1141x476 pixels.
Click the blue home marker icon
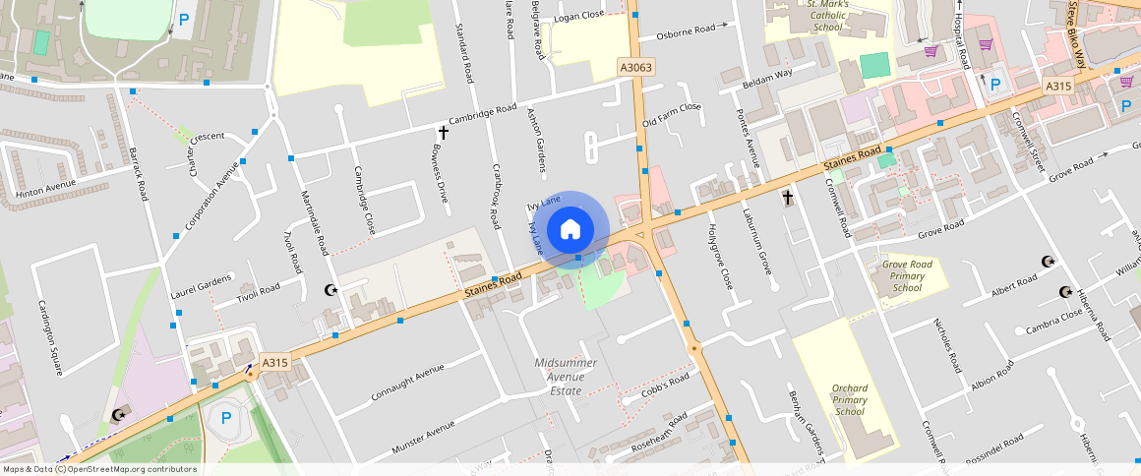(570, 230)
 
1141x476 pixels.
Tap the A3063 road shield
(635, 67)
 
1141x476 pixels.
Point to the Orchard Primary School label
(849, 400)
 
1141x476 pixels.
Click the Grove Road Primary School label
(906, 276)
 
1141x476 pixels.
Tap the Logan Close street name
(579, 16)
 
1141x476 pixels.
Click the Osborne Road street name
(685, 30)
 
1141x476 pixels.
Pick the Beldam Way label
(767, 74)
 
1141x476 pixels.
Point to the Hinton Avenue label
(45, 186)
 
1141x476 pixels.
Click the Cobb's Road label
(666, 384)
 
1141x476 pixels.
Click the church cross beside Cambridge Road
(443, 132)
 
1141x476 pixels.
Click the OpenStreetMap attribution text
(99, 469)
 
